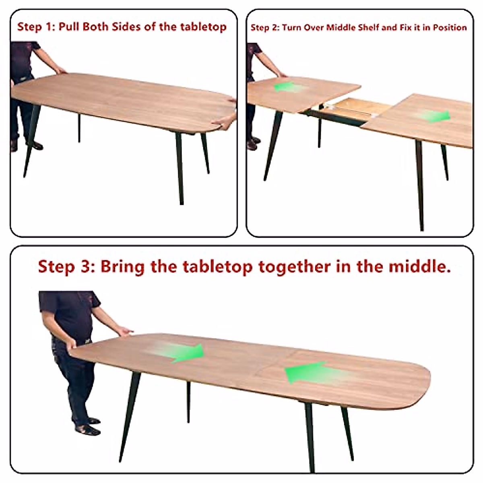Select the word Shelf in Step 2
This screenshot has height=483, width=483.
(368, 28)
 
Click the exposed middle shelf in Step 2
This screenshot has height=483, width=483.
(358, 107)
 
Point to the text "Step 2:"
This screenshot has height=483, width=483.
(264, 28)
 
